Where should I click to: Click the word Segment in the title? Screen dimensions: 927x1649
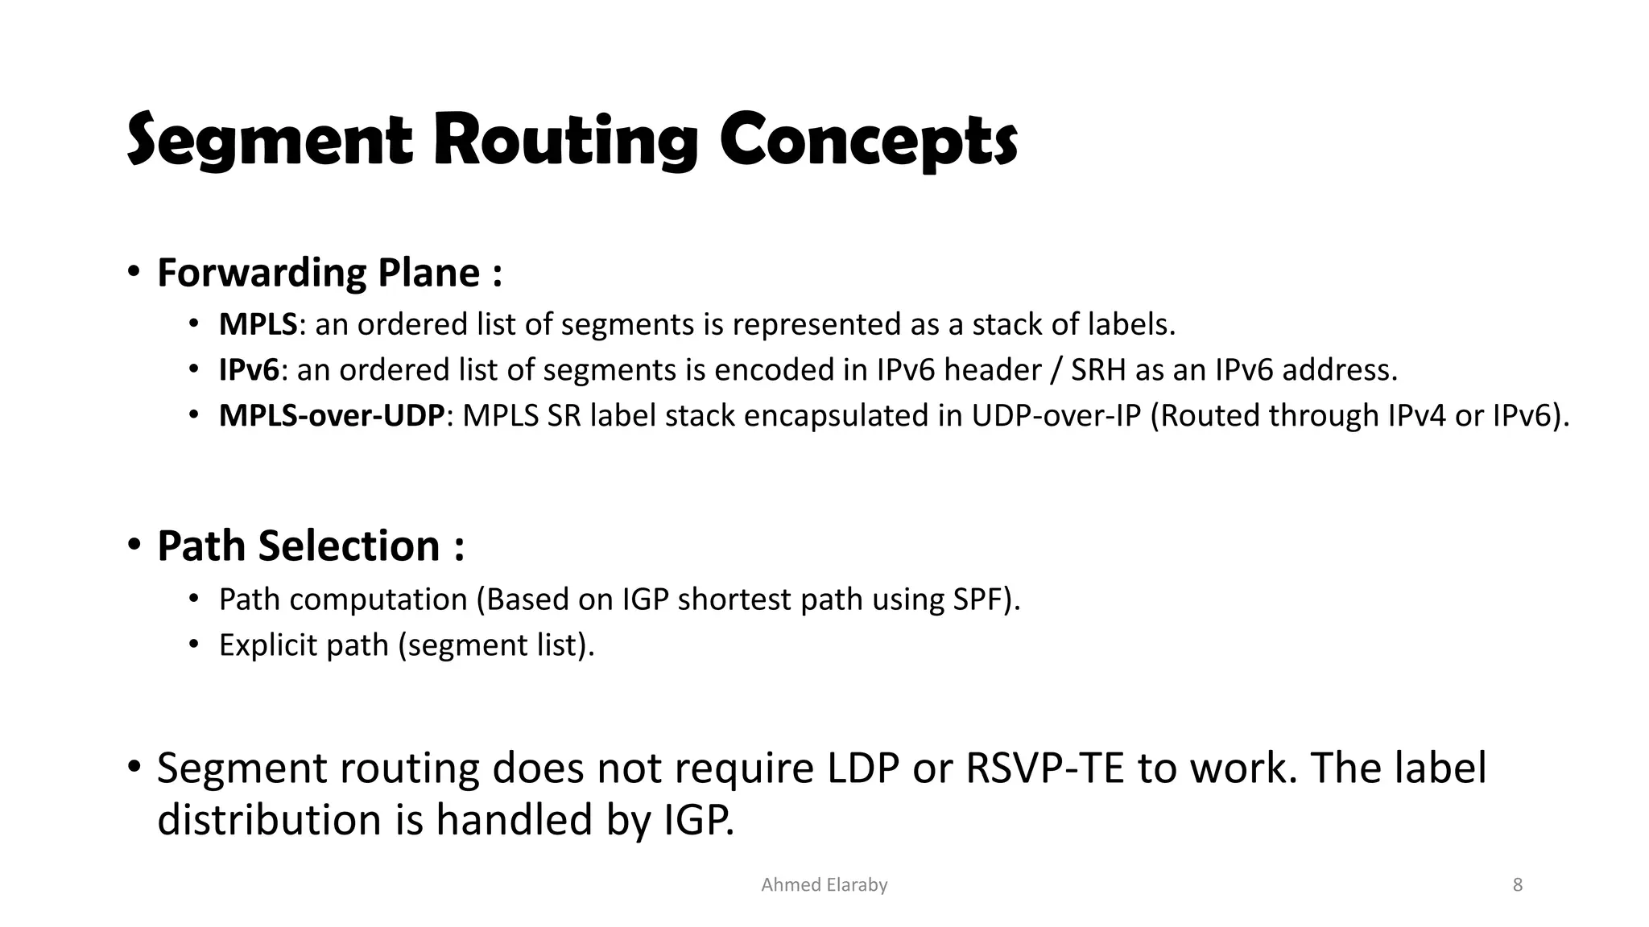pyautogui.click(x=270, y=141)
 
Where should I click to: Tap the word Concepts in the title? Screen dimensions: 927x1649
pyautogui.click(x=868, y=141)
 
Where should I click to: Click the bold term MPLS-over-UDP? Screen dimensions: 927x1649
pyautogui.click(x=331, y=416)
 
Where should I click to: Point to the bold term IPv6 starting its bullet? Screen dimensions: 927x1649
pyautogui.click(x=249, y=370)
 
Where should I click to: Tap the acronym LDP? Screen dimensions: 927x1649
pyautogui.click(x=863, y=768)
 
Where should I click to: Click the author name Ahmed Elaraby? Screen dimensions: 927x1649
pyautogui.click(x=824, y=885)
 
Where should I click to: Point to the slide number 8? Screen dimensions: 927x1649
pyautogui.click(x=1517, y=885)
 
